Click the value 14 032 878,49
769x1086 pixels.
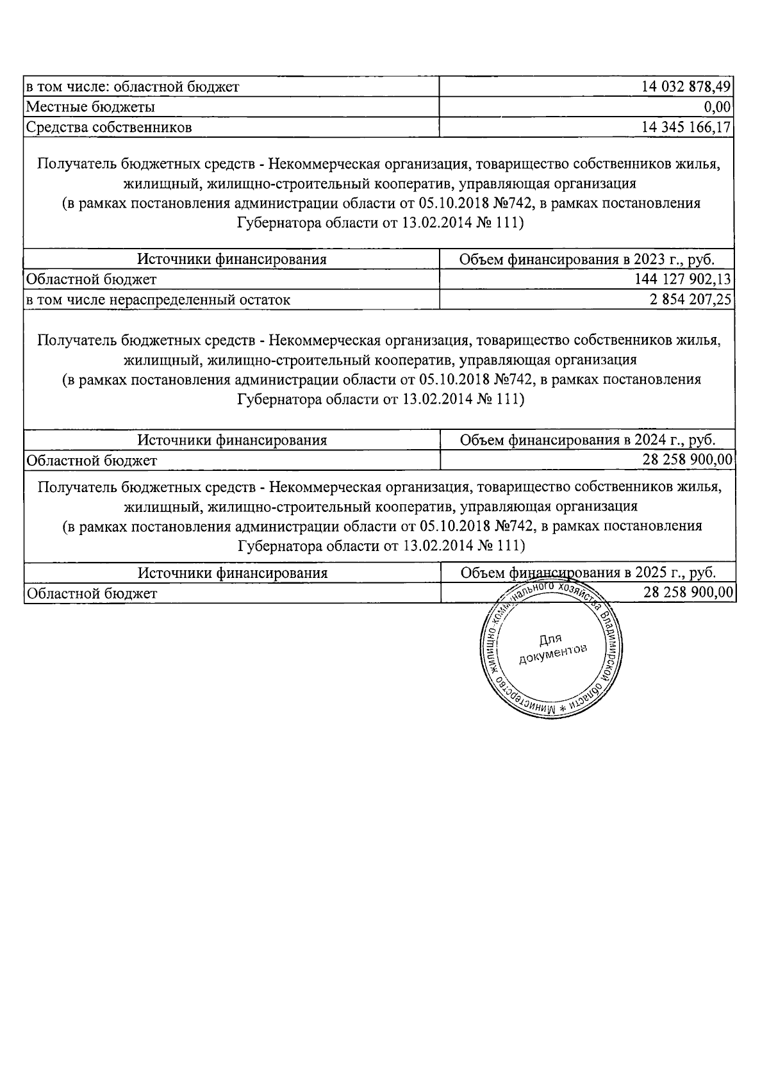[x=686, y=86]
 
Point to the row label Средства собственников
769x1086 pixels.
[x=108, y=127]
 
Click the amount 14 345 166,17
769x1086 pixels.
[x=686, y=127]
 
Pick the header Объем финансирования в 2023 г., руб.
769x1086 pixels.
[x=587, y=259]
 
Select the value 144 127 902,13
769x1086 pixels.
[x=683, y=279]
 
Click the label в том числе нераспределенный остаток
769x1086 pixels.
[x=158, y=299]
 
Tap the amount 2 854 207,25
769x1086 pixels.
[x=691, y=299]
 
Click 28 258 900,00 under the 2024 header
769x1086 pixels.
[x=688, y=460]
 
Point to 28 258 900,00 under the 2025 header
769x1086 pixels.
[x=688, y=593]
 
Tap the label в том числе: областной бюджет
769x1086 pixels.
[x=132, y=86]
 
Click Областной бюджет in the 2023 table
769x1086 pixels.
[x=90, y=279]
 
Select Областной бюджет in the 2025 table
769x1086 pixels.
[x=90, y=593]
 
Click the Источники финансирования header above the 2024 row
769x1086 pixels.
[x=232, y=440]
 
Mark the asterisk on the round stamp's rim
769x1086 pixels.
[x=564, y=709]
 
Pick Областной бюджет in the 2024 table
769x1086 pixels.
[x=90, y=460]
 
